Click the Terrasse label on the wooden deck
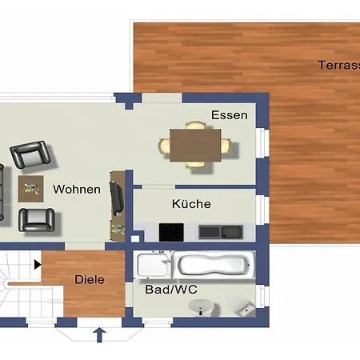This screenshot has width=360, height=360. point(338,65)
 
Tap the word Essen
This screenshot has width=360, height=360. point(229,115)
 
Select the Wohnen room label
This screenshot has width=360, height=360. point(77,190)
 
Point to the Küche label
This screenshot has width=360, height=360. point(192,204)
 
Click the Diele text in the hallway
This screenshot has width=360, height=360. point(90,280)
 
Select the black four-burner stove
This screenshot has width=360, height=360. point(171,232)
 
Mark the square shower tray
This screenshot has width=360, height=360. point(153,263)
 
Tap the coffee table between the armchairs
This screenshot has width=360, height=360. point(31,188)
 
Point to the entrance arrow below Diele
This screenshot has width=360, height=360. point(99,334)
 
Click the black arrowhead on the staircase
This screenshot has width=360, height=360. point(37,263)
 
